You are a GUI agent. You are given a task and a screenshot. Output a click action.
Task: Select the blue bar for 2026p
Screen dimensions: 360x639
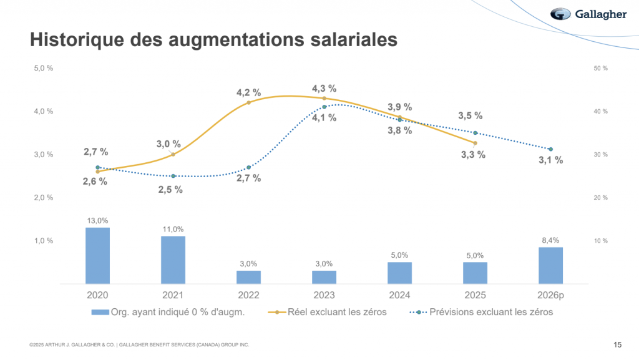coord(550,265)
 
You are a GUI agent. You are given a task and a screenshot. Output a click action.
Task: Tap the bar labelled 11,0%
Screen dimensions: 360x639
coord(173,260)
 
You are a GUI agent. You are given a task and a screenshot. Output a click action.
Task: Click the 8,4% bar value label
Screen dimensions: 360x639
coord(550,240)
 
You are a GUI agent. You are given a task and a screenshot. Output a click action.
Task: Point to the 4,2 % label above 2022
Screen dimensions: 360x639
coord(248,93)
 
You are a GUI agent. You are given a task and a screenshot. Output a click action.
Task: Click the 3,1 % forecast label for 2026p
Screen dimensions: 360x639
coord(550,160)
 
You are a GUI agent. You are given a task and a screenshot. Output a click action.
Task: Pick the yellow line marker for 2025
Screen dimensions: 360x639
coord(475,143)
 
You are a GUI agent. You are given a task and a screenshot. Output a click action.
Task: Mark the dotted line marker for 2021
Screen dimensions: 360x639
coord(173,176)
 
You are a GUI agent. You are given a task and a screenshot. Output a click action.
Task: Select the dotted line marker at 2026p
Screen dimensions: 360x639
coord(550,149)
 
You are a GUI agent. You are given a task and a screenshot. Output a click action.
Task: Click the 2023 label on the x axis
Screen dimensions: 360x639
coord(324,295)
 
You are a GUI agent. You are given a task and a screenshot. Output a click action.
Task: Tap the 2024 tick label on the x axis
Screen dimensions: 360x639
coord(399,295)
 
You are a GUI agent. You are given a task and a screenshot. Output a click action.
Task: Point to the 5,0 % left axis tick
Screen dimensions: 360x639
coord(43,68)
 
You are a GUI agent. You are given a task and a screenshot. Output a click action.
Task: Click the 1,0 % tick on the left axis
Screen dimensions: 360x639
coord(43,241)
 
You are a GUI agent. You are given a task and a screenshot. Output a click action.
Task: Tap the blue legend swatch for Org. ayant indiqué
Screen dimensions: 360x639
coord(100,312)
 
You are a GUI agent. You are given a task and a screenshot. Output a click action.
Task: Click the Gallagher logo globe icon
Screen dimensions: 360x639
coord(560,14)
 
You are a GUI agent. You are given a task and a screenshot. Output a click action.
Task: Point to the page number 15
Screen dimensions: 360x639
coord(617,344)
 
